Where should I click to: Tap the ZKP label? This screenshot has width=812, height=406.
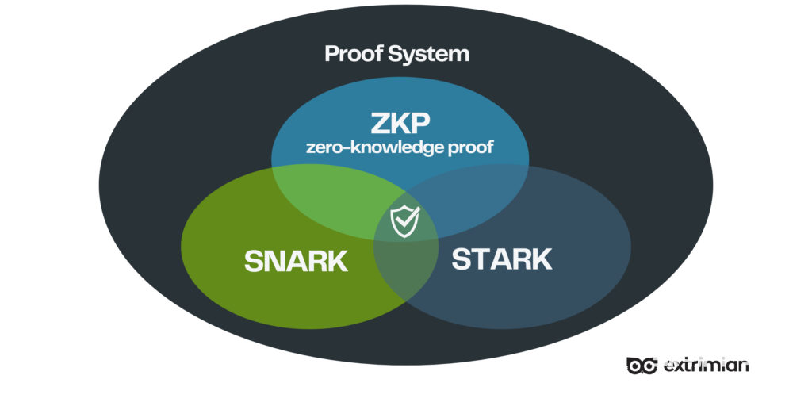tap(400, 124)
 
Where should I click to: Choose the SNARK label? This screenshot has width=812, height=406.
tap(296, 261)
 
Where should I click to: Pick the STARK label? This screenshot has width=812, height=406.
tap(501, 259)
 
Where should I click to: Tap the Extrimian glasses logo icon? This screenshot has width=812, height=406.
tap(641, 365)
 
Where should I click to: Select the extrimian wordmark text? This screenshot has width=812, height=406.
tap(705, 365)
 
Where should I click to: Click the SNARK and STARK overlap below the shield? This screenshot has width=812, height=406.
tap(404, 270)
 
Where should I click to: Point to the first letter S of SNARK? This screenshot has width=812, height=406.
tap(254, 261)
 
